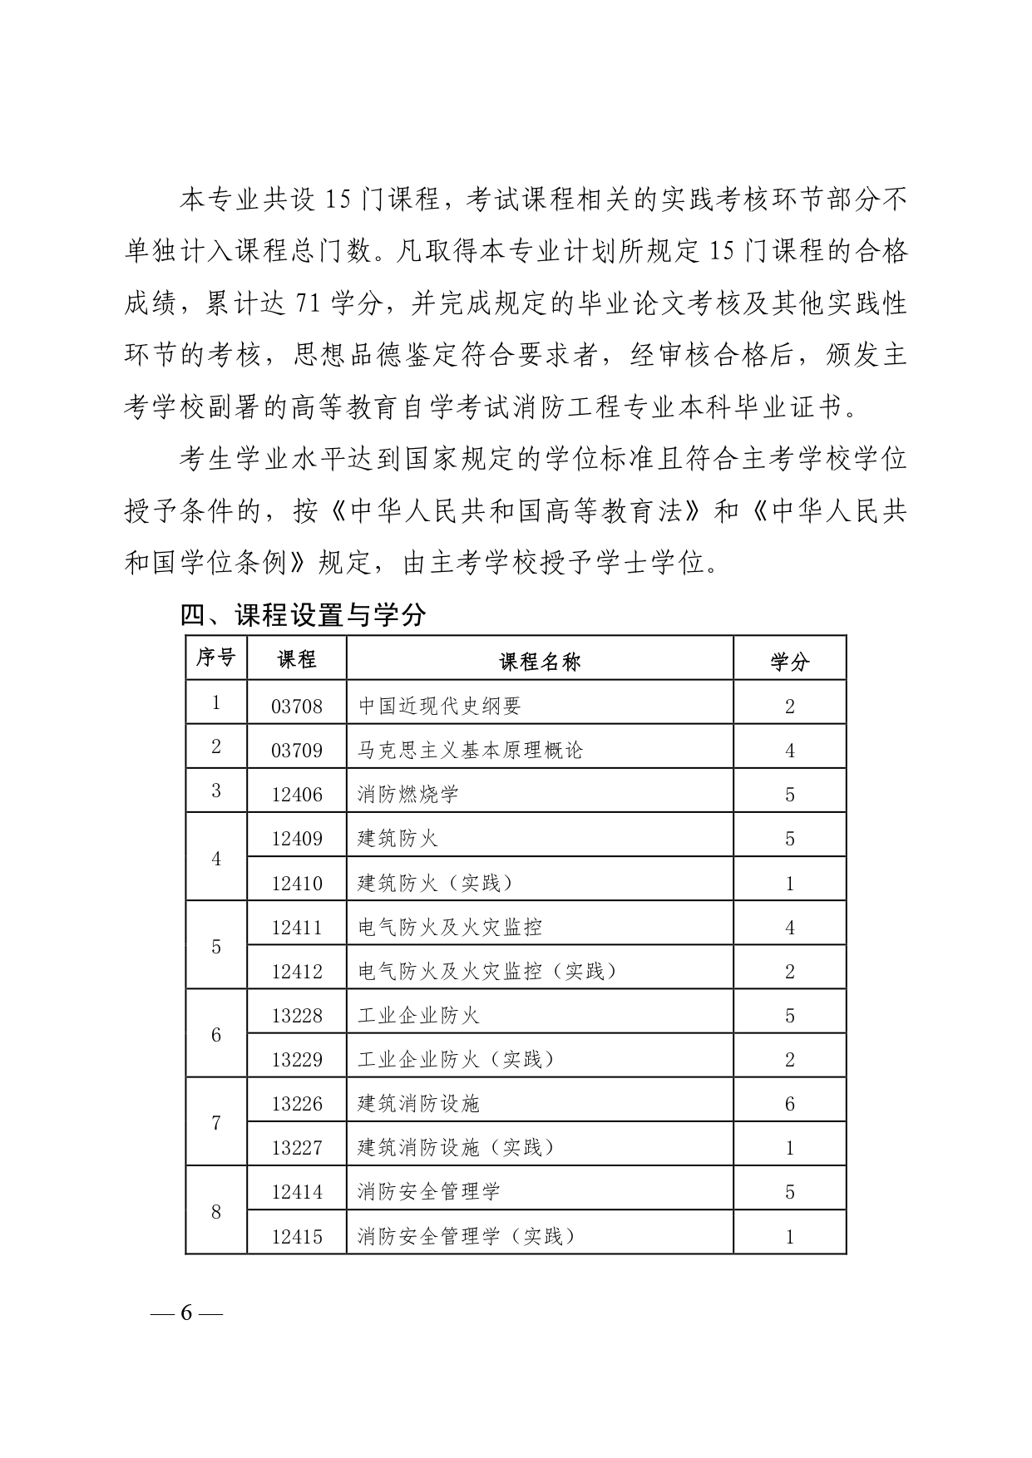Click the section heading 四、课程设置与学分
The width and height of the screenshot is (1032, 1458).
(304, 614)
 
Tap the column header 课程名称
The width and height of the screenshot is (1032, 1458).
(540, 661)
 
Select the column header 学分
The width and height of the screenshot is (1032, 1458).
(789, 661)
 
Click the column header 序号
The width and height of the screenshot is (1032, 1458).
(215, 658)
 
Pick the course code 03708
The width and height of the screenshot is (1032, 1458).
(297, 707)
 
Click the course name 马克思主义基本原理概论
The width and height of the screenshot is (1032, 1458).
(471, 751)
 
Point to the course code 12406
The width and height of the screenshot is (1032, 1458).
(297, 795)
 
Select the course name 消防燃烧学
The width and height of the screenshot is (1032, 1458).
(408, 795)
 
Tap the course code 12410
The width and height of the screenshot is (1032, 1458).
(297, 883)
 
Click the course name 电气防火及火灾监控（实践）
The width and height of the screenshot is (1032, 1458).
(488, 971)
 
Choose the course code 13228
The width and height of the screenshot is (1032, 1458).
(297, 1016)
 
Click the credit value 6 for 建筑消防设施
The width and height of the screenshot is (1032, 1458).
(790, 1104)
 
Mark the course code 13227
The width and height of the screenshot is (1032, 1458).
(297, 1148)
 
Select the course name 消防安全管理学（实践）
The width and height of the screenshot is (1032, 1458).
(467, 1236)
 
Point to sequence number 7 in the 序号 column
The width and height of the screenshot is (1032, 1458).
(216, 1124)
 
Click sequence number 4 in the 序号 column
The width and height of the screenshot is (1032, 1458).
(216, 859)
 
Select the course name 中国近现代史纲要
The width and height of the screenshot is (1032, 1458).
(439, 707)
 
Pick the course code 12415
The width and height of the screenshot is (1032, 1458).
(297, 1237)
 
